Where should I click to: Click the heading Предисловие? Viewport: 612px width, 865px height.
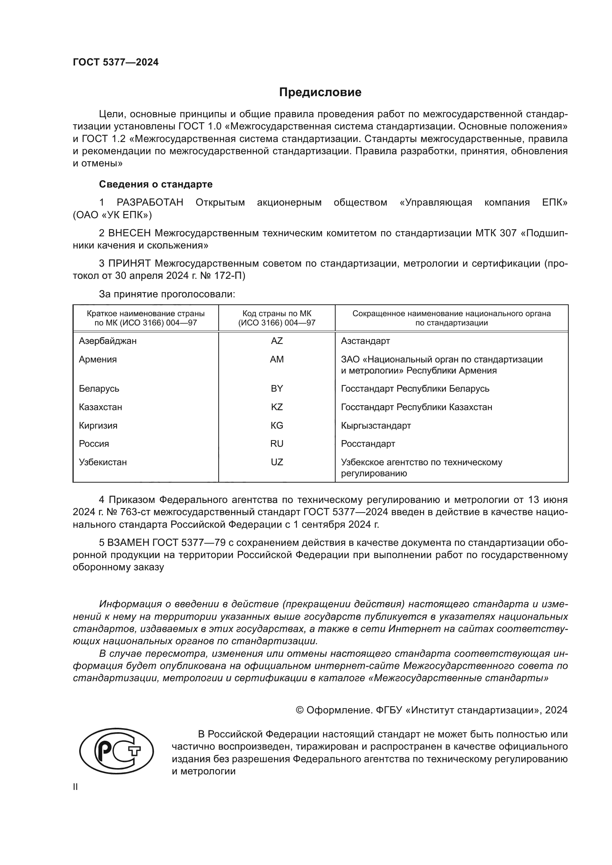click(x=320, y=92)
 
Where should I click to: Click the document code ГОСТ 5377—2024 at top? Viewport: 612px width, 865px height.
click(x=116, y=62)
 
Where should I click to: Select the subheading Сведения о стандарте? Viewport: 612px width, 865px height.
click(x=156, y=184)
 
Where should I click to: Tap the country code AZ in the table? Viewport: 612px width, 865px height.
click(x=277, y=341)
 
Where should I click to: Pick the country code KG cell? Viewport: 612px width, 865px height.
click(x=277, y=425)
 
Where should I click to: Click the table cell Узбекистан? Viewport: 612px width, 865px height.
click(x=103, y=462)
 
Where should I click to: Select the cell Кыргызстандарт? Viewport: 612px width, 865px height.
click(x=376, y=425)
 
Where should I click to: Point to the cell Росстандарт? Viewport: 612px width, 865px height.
click(x=368, y=444)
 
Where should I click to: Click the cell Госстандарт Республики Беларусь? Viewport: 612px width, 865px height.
click(x=415, y=388)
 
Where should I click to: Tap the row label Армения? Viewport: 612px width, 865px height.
click(x=98, y=359)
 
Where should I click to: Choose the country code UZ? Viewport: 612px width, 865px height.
click(x=277, y=462)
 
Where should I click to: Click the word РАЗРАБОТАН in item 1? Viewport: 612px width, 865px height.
click(x=150, y=203)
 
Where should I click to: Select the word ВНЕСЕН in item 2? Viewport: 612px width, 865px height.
click(x=130, y=233)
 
